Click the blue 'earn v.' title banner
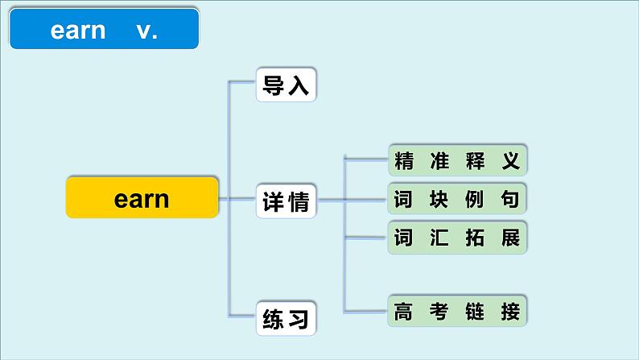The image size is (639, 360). [x=104, y=31]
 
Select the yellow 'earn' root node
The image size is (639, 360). [x=142, y=198]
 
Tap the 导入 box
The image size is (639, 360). [x=286, y=85]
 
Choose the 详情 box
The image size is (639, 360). [x=286, y=202]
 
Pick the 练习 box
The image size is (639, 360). [x=286, y=319]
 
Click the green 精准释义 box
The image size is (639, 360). [x=457, y=161]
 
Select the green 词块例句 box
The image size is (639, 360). [x=457, y=199]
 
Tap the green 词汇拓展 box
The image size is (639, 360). [x=457, y=238]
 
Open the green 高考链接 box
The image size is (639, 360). [x=457, y=311]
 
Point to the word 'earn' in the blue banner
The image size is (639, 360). [x=78, y=31]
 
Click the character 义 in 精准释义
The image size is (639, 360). [x=511, y=161]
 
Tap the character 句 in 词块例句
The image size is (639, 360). [x=511, y=199]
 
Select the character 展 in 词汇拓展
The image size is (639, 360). [x=511, y=238]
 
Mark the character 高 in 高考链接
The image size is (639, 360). [x=403, y=311]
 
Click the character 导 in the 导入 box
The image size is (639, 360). [x=274, y=85]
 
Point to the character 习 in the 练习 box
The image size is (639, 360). [x=298, y=319]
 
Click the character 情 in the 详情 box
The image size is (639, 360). [x=298, y=202]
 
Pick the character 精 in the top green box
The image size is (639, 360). [x=403, y=161]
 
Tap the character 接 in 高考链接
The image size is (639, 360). [x=511, y=311]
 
